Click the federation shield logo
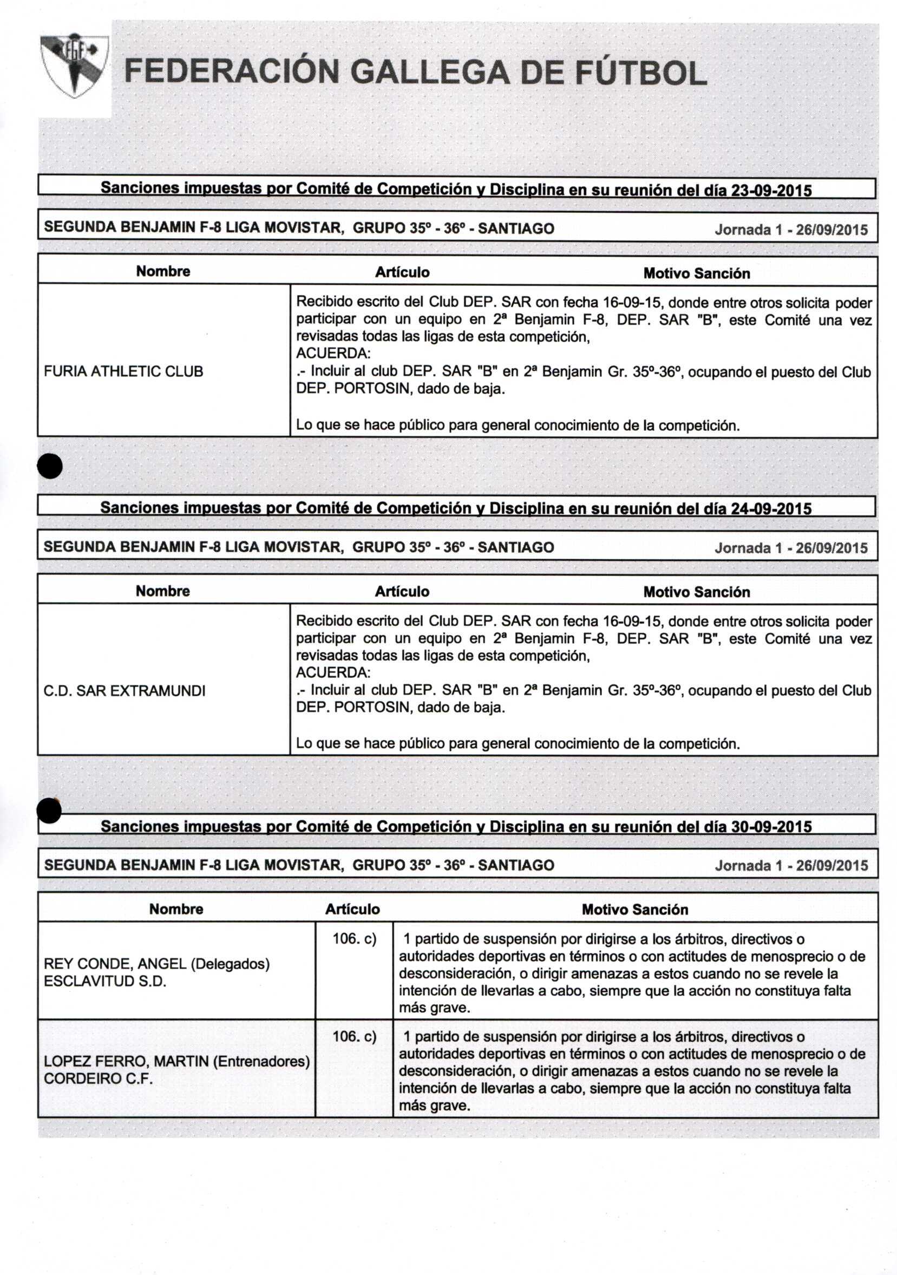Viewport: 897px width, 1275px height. coord(74,64)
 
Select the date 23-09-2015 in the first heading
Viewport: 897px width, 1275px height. coord(771,191)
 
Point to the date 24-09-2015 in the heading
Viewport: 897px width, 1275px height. coord(771,509)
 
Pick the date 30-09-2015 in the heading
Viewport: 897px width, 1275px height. coord(771,827)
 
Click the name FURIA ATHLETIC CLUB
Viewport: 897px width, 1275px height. coord(123,371)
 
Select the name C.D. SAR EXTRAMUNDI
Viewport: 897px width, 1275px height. coord(125,691)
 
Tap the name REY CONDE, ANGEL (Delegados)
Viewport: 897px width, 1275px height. coord(156,964)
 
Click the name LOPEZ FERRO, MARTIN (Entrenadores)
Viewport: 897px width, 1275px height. coord(176,1062)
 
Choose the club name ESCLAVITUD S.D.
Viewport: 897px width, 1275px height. coord(105,981)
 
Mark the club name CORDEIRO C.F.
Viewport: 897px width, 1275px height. coord(99,1079)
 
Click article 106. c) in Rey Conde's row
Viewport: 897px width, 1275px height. coord(355,939)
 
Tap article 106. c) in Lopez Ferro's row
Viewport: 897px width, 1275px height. coord(355,1037)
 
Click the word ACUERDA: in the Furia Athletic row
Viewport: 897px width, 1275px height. coord(333,354)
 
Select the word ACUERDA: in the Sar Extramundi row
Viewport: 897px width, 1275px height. coord(333,672)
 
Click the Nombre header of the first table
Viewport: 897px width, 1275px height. coord(163,272)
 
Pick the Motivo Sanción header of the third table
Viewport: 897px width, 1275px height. coord(635,910)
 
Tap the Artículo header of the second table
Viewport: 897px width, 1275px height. coord(402,591)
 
